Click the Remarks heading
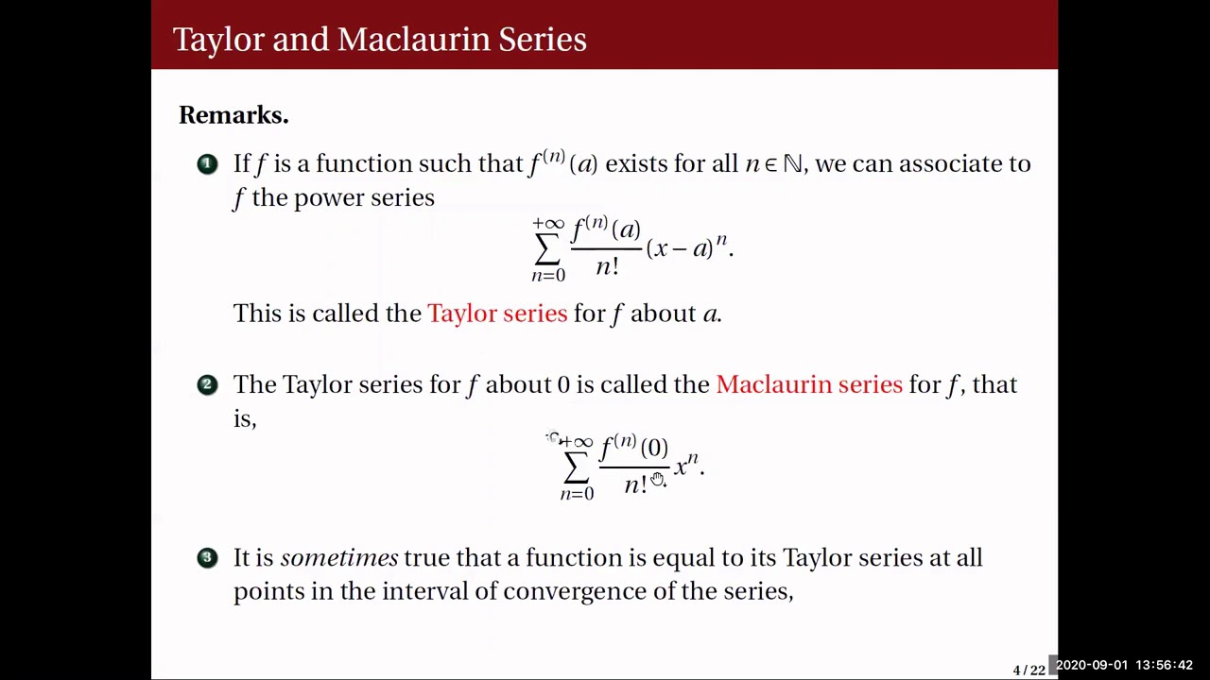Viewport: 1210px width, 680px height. [233, 115]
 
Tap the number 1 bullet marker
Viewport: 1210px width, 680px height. [207, 164]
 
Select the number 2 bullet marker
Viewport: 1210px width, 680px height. [207, 384]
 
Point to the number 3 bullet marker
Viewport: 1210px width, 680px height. [207, 558]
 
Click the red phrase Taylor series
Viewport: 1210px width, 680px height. [497, 314]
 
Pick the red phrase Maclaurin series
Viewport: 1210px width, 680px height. [809, 384]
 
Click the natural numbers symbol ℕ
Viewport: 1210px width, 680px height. [792, 164]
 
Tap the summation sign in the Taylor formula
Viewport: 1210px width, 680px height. [547, 249]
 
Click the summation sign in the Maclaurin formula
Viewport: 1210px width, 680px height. [576, 467]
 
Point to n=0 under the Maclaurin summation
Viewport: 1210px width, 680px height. [577, 494]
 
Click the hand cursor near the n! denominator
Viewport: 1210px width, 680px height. [658, 481]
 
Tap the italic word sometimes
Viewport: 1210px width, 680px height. [338, 558]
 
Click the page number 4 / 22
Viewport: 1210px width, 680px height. [1028, 671]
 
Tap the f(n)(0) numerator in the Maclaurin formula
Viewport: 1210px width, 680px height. [634, 447]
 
